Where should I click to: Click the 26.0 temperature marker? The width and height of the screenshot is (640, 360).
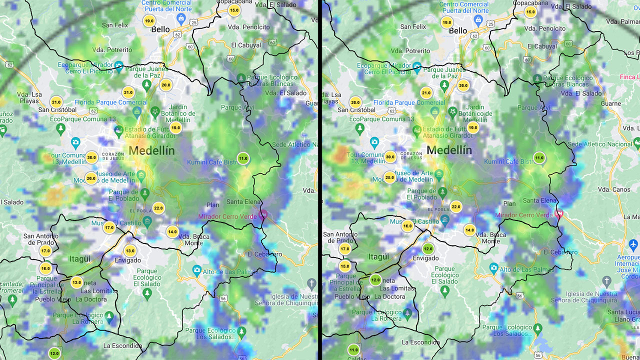90,178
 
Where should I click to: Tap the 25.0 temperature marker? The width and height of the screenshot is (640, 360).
389,177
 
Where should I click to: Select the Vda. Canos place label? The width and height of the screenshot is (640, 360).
614,189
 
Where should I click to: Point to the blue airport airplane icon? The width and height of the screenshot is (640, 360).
633,245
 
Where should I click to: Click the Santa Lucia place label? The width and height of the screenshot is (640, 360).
623,312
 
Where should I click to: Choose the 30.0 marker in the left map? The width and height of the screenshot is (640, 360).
91,157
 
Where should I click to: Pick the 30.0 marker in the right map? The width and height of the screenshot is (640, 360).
390,156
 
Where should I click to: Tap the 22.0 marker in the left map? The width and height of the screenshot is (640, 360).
158,208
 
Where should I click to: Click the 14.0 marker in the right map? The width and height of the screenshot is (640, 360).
469,230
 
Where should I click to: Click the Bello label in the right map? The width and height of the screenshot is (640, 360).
457,30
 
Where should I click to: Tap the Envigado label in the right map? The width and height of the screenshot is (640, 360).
425,258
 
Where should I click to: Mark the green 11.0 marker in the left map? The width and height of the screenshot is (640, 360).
243,158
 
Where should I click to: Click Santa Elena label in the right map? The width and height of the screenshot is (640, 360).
539,200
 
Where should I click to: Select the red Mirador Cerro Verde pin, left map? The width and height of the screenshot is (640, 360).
263,215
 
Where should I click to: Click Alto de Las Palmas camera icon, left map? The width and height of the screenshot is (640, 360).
196,270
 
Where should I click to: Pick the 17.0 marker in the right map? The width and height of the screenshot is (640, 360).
344,248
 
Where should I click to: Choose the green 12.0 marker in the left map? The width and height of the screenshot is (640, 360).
54,353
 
